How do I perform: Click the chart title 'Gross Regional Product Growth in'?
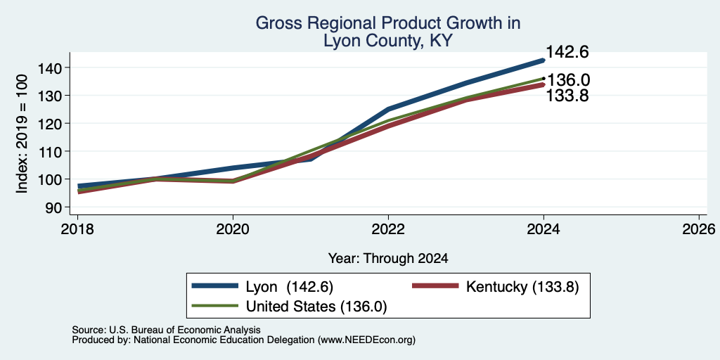(387, 23)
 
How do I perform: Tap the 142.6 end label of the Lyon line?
(567, 52)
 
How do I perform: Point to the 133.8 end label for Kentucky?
(567, 95)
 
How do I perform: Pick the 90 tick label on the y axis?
(52, 207)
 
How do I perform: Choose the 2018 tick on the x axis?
(77, 229)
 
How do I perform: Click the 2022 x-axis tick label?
(388, 229)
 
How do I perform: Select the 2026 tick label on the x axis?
(699, 229)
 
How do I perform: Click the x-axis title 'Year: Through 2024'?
(388, 259)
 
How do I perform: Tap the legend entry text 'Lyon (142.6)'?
(289, 287)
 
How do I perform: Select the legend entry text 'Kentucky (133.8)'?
(522, 287)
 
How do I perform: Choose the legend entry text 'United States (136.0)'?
(316, 307)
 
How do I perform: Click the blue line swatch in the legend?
(215, 286)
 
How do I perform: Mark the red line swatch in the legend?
(435, 286)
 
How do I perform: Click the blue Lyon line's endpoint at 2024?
(544, 60)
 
